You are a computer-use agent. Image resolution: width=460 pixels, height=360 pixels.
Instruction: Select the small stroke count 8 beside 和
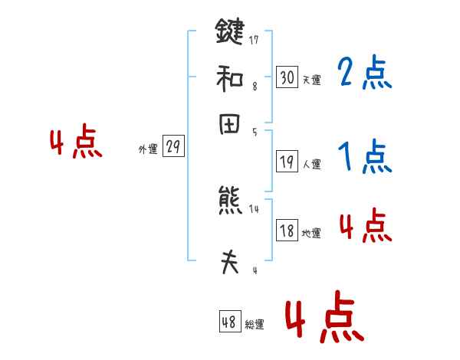(x=254, y=87)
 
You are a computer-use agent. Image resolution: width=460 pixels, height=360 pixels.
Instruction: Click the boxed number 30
(x=287, y=77)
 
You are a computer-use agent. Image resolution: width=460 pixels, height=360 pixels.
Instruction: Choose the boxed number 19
(x=287, y=162)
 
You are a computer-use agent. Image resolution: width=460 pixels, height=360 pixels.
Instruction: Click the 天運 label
(x=311, y=80)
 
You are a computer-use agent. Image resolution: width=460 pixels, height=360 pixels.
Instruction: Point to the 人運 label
(x=311, y=164)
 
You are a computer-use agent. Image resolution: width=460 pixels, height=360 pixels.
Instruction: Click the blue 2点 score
(x=364, y=74)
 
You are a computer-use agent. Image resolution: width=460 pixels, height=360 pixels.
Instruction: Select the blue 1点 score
(x=364, y=158)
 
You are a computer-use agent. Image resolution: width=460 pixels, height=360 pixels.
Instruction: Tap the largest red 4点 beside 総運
(x=325, y=316)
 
